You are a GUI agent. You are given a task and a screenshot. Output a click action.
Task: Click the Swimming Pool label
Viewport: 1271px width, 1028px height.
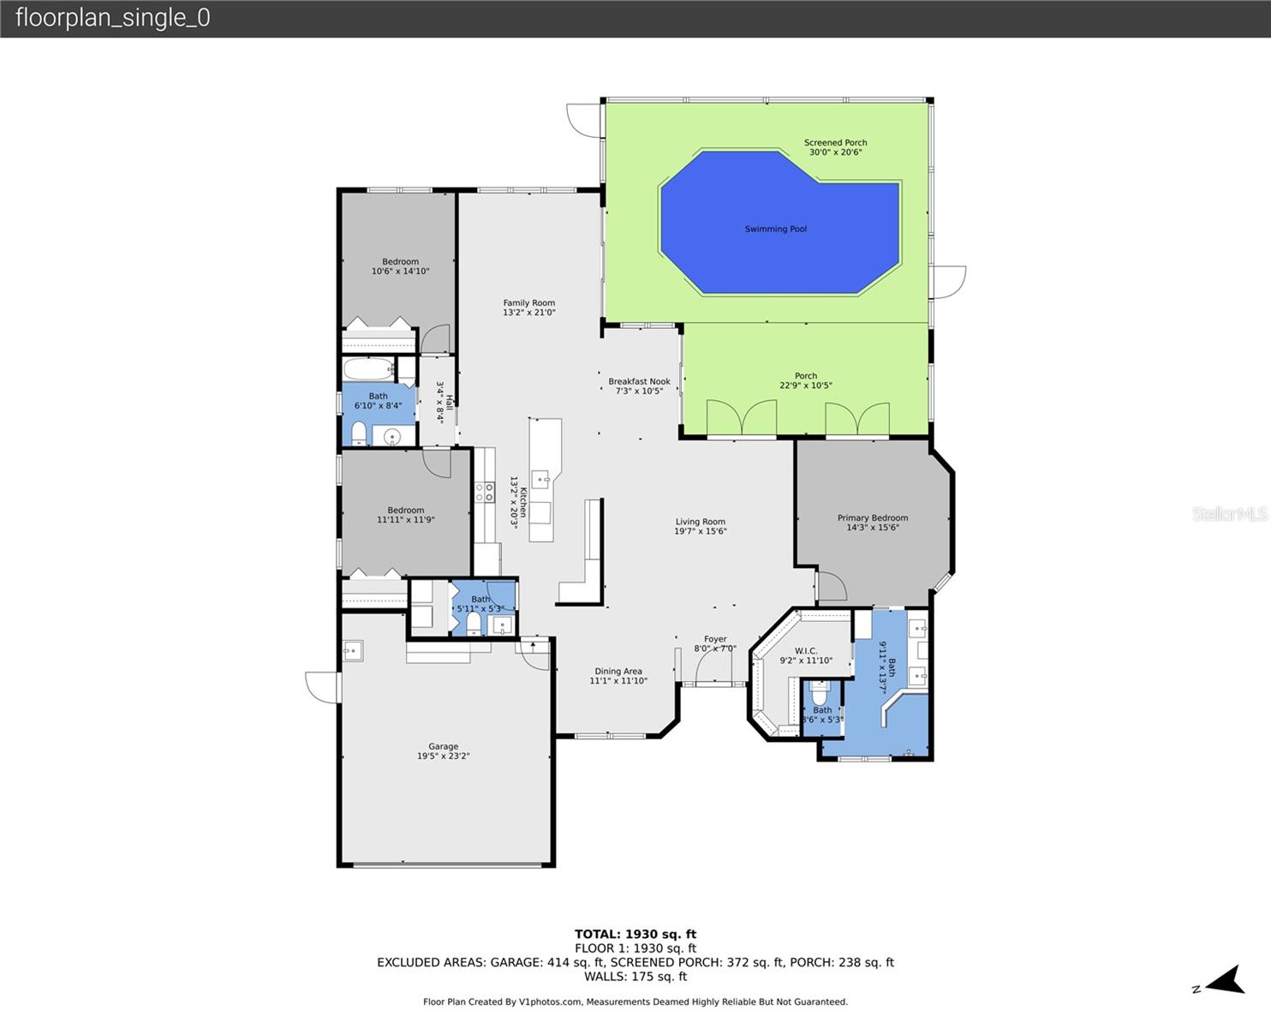pyautogui.click(x=775, y=229)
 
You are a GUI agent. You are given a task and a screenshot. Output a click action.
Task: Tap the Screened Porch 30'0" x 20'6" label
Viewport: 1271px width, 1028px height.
pyautogui.click(x=835, y=147)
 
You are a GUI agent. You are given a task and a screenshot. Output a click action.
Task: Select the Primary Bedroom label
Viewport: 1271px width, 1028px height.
pyautogui.click(x=872, y=523)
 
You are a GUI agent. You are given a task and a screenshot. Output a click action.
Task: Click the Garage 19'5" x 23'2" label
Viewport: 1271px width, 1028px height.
pyautogui.click(x=443, y=751)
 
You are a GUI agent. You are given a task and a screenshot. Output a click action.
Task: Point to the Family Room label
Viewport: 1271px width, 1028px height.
pyautogui.click(x=528, y=308)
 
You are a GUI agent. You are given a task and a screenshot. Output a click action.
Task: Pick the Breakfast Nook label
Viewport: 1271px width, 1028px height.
pyautogui.click(x=639, y=386)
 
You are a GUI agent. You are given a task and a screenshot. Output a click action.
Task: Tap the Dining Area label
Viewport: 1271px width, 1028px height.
pyautogui.click(x=618, y=676)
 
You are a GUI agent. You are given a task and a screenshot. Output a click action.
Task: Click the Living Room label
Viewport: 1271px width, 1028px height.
pyautogui.click(x=700, y=526)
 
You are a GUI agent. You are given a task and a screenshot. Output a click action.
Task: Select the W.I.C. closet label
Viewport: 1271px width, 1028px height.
pyautogui.click(x=805, y=656)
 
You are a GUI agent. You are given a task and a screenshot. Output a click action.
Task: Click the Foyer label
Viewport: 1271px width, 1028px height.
pyautogui.click(x=715, y=643)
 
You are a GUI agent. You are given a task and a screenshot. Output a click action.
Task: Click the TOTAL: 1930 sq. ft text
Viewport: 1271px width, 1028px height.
pyautogui.click(x=635, y=934)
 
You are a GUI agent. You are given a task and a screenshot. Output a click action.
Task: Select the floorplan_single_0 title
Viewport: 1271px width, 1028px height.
pyautogui.click(x=112, y=18)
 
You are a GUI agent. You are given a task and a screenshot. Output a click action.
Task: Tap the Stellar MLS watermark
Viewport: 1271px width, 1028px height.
pyautogui.click(x=1229, y=514)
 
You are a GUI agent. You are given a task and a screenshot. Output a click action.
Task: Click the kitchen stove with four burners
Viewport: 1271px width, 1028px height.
pyautogui.click(x=485, y=492)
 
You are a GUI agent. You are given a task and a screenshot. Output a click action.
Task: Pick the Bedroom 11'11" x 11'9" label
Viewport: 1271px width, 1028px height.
pyautogui.click(x=405, y=515)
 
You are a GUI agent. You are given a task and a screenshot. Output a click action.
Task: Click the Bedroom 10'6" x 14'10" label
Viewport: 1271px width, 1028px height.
pyautogui.click(x=400, y=266)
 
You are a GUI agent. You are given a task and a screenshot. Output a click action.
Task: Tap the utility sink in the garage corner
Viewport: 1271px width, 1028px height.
pyautogui.click(x=352, y=651)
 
